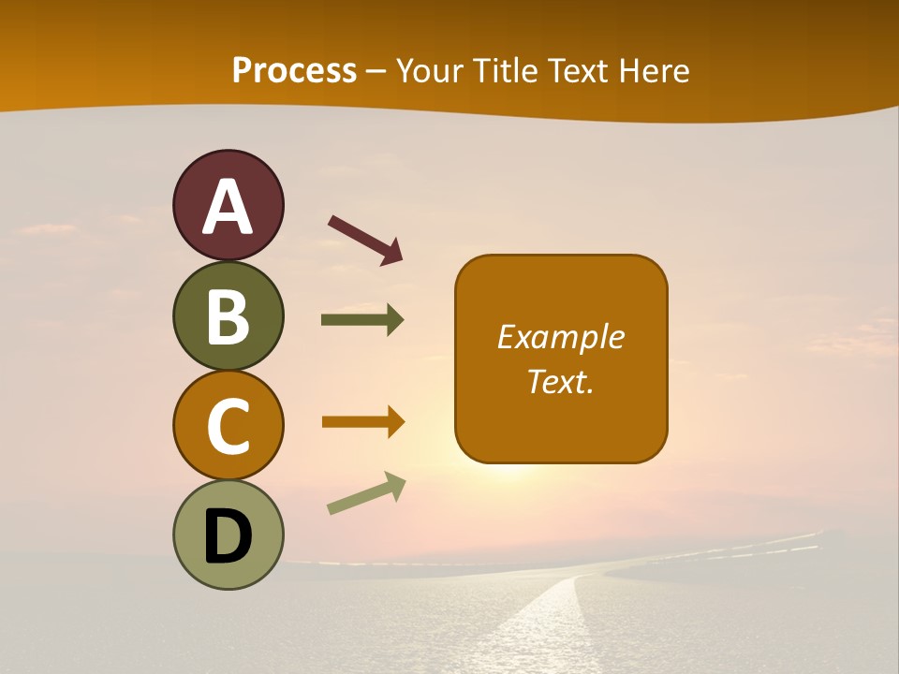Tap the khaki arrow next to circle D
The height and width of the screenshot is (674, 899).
tap(366, 492)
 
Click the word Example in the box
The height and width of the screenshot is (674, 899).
tap(561, 337)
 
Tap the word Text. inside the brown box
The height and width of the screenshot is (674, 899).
tap(561, 381)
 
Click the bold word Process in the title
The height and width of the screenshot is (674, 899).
tap(294, 70)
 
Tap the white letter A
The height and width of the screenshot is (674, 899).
tap(228, 208)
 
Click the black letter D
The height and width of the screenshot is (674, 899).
tap(228, 537)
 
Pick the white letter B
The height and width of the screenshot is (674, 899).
tap(228, 316)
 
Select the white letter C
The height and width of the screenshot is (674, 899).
tap(228, 426)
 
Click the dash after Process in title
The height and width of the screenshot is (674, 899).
tap(376, 71)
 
